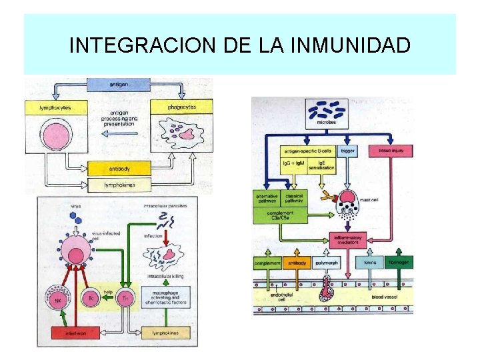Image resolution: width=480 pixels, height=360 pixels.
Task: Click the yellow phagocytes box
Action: (182, 106)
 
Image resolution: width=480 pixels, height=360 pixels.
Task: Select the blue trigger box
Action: (348, 151)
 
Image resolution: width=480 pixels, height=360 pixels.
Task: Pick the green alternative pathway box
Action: (267, 198)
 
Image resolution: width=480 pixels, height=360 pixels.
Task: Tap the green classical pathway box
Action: (294, 198)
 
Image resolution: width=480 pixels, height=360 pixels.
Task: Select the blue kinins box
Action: (369, 263)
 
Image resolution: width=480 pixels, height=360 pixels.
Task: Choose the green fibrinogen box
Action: (399, 263)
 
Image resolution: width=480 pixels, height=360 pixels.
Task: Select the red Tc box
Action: (91, 299)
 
